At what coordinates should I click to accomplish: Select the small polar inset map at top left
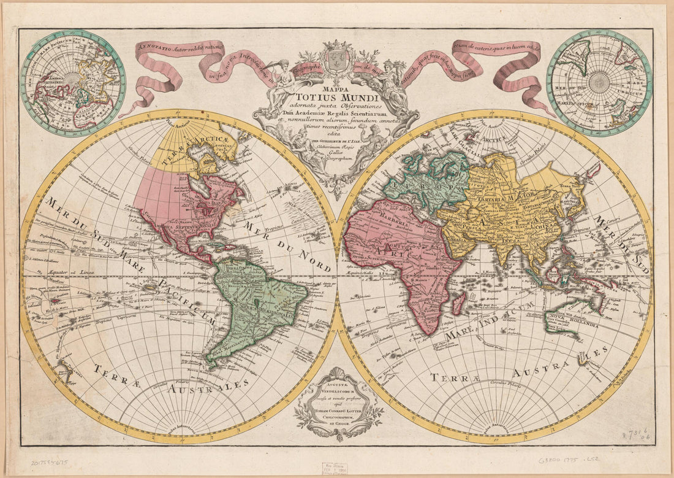click(x=73, y=83)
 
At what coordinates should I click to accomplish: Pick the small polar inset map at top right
click(x=599, y=82)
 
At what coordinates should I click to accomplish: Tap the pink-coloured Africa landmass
click(x=398, y=258)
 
